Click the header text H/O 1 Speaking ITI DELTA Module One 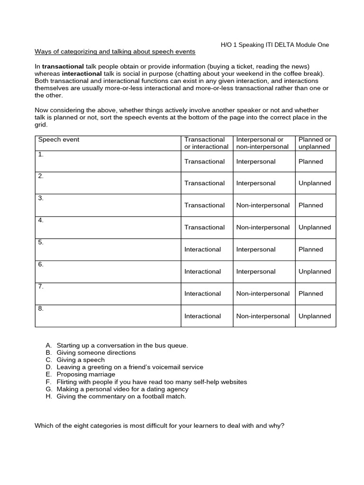pos(275,45)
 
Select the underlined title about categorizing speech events pos(115,52)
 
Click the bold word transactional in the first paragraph pos(63,66)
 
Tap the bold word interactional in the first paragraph pos(82,74)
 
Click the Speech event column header pos(59,140)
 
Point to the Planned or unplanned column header pos(315,143)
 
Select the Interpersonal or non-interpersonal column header pos(263,143)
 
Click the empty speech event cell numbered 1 pos(108,162)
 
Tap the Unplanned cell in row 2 pos(315,183)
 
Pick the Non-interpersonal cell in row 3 pos(263,206)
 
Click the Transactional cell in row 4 pos(204,227)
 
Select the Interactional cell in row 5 pos(202,250)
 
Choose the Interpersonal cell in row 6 pos(255,272)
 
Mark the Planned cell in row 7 pos(310,294)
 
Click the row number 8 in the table pos(41,309)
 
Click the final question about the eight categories pos(160,425)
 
